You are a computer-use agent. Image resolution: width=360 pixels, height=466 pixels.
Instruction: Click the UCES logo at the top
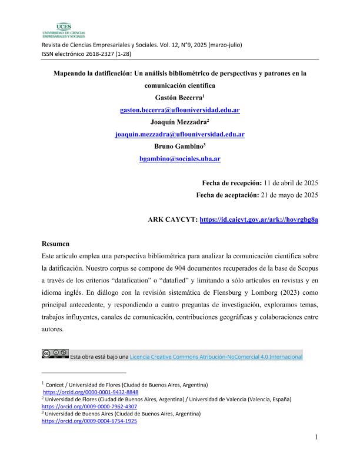tap(64, 29)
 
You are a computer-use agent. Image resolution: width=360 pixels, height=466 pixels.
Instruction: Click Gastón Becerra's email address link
tap(180, 110)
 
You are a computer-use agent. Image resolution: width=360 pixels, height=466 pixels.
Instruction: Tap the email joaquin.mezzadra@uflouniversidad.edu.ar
tap(180, 134)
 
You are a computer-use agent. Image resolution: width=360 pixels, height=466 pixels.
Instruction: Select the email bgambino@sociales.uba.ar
tap(180, 159)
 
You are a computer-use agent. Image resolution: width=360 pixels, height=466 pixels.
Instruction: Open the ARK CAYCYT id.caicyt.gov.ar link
tap(259, 219)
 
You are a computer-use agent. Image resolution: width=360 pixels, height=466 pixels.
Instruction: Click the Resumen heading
tap(56, 244)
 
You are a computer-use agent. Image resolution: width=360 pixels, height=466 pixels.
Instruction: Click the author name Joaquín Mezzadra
tap(178, 122)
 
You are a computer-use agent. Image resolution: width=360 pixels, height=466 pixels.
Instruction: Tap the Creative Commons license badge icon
tap(55, 354)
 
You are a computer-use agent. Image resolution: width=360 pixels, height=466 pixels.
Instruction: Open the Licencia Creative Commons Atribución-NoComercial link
tap(216, 357)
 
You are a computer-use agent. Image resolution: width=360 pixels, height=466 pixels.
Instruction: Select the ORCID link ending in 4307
tap(89, 407)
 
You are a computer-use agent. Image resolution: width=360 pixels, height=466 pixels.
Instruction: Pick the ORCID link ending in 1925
tap(89, 421)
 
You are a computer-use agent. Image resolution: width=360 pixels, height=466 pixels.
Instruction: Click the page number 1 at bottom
tap(316, 437)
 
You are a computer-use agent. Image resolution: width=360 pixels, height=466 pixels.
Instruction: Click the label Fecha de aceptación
tap(227, 195)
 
